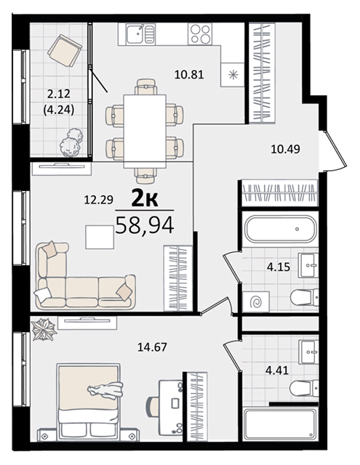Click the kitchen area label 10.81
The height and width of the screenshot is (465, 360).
[189, 74]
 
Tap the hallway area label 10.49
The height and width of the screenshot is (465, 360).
[285, 149]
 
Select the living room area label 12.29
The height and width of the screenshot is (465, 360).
[98, 200]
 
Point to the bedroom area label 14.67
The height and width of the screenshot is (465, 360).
[152, 347]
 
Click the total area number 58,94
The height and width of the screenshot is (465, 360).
[145, 225]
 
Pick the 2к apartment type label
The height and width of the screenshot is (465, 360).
[145, 200]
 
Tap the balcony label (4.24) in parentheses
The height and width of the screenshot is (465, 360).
[59, 110]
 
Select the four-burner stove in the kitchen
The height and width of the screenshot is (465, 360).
[200, 34]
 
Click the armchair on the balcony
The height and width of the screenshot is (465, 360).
[65, 50]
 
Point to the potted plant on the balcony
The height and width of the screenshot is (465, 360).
[71, 142]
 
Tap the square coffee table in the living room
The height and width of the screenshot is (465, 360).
[100, 237]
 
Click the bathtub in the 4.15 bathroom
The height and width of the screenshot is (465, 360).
[280, 229]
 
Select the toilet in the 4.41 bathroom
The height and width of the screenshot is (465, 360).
[304, 388]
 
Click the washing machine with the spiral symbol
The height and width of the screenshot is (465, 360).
[256, 302]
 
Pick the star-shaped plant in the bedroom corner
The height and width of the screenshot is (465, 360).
[44, 329]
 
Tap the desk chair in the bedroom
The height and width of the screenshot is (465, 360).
[152, 403]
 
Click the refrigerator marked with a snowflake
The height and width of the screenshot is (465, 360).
[233, 74]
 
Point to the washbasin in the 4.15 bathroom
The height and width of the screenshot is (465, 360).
[308, 265]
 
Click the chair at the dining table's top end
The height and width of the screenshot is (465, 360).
[145, 86]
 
